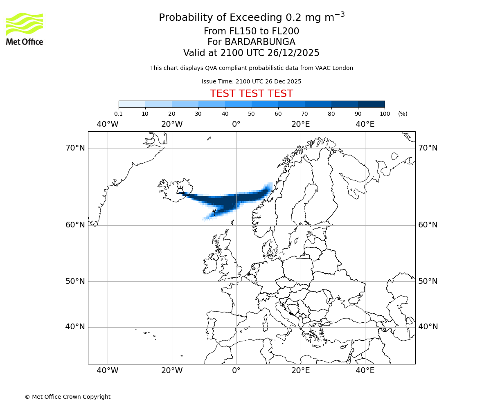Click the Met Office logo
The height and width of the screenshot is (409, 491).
[25, 29]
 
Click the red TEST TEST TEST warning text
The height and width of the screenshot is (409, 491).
[251, 94]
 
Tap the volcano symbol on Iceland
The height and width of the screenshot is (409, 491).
[180, 190]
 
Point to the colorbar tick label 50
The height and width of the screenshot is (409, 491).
[251, 114]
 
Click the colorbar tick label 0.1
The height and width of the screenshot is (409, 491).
[119, 114]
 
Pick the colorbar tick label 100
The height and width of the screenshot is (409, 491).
[385, 114]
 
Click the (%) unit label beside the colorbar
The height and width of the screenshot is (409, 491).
[403, 114]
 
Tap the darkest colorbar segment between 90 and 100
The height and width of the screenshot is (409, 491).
[371, 104]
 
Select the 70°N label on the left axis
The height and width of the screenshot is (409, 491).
[75, 148]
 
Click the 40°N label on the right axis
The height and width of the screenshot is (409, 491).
[428, 327]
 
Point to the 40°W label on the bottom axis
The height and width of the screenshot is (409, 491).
[108, 371]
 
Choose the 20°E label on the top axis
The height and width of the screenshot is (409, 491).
[301, 124]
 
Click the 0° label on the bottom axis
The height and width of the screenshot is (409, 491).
[236, 371]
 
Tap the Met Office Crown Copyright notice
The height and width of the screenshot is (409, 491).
[68, 397]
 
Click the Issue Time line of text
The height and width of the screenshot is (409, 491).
[251, 81]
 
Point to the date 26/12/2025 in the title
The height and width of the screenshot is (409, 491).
[293, 53]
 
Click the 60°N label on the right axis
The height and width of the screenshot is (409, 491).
[428, 225]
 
